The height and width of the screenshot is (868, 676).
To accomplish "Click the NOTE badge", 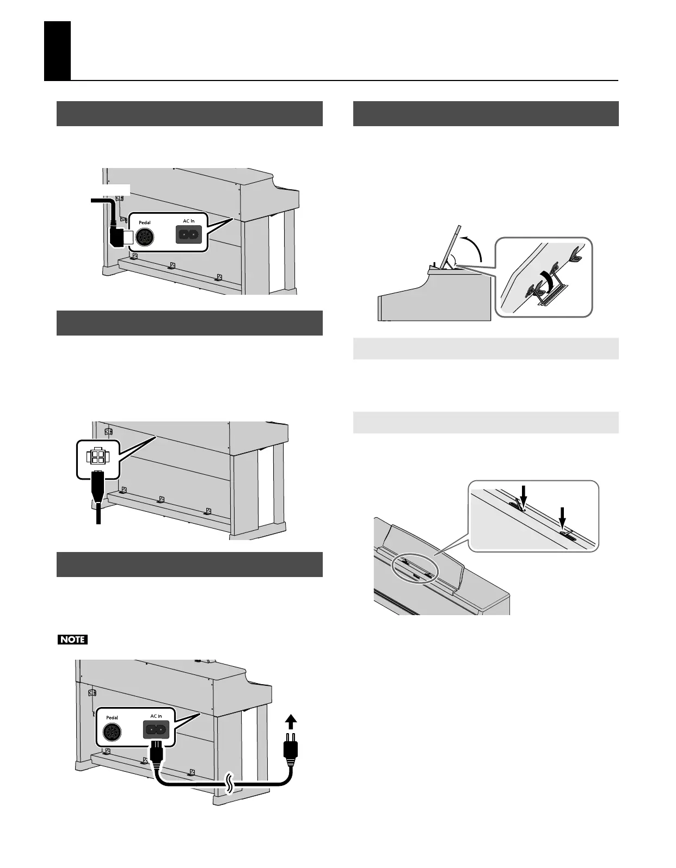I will click(x=72, y=639).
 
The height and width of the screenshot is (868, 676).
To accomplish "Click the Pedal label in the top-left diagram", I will click(x=144, y=222).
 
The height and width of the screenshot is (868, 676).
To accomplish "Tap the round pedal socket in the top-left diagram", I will click(x=145, y=237).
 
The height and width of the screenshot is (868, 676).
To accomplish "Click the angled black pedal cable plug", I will click(x=116, y=235).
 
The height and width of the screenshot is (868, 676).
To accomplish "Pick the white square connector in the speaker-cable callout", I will click(x=98, y=455).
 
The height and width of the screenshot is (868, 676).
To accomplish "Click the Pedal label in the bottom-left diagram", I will click(x=112, y=717).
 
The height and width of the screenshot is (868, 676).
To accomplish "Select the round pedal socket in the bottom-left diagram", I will click(x=112, y=731).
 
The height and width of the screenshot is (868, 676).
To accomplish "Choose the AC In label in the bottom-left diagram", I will click(x=156, y=716).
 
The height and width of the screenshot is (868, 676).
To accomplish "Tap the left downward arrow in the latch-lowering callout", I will click(x=523, y=494).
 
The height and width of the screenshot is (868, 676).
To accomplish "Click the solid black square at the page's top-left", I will click(x=58, y=51).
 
